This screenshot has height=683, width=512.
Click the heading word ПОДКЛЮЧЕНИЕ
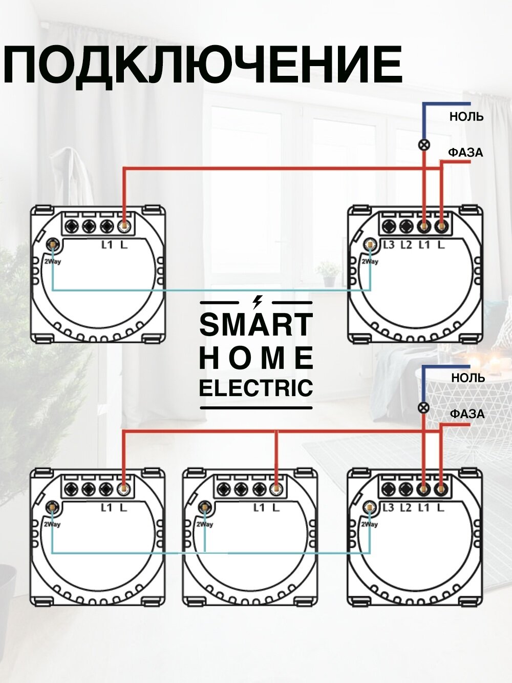click(x=203, y=66)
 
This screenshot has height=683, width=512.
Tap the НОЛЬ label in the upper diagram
click(x=466, y=117)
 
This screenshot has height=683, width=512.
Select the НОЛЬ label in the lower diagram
click(x=467, y=378)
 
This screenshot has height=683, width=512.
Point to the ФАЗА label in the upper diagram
click(x=465, y=153)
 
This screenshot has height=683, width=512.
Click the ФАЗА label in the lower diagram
click(x=467, y=414)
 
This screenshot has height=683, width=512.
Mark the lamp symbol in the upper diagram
click(x=424, y=145)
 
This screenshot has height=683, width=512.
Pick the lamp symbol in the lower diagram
click(x=423, y=408)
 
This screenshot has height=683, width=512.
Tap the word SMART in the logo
click(x=255, y=324)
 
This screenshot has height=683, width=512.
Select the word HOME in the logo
click(x=255, y=358)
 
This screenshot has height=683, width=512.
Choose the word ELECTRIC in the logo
click(x=255, y=388)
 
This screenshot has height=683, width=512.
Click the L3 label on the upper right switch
click(x=389, y=245)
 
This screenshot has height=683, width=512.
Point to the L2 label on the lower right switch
click(x=406, y=508)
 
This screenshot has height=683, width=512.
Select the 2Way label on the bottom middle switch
click(x=204, y=524)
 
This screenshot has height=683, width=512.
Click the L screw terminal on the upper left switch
click(x=124, y=226)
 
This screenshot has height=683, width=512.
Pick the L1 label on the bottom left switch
click(x=106, y=508)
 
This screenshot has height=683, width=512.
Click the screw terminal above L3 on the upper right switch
click(x=389, y=226)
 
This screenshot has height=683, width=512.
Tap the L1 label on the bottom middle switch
click(x=259, y=508)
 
